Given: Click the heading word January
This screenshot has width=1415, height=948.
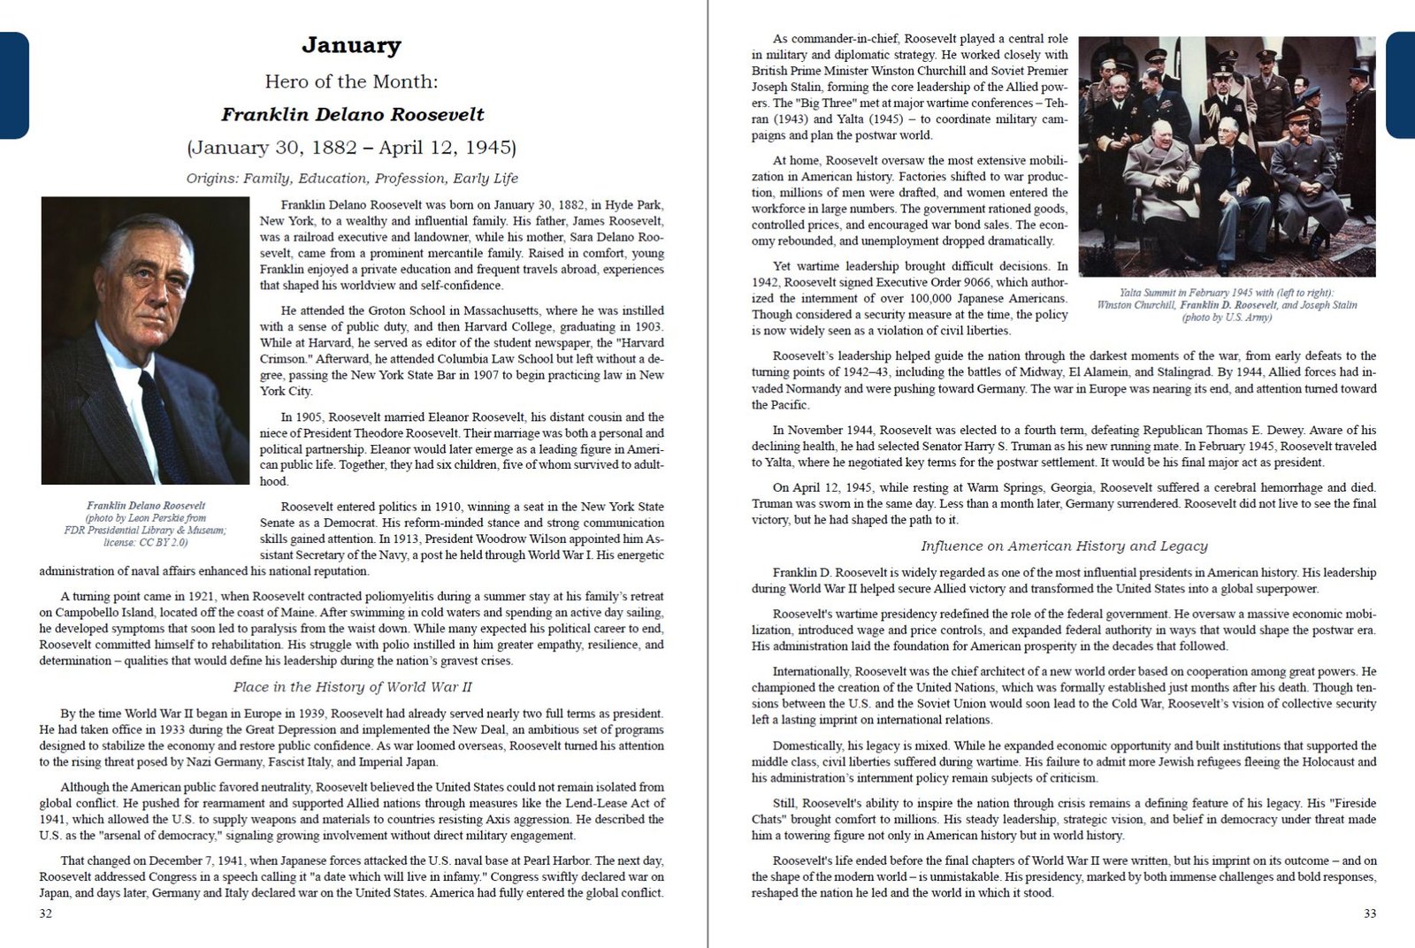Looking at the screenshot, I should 351,44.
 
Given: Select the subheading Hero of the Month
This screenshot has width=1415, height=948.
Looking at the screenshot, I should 351,81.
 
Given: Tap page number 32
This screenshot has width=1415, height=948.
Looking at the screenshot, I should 46,914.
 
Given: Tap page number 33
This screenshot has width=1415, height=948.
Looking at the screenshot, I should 1369,914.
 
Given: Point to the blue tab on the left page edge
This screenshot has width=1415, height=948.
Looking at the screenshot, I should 13,85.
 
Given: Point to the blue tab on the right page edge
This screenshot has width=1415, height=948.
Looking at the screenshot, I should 1401,85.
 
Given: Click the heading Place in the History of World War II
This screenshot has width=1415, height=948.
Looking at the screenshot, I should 352,687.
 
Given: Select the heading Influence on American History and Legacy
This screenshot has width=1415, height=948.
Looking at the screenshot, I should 1064,547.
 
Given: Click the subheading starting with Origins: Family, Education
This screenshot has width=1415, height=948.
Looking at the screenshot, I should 352,179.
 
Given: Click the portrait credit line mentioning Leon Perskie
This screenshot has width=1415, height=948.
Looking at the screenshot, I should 146,518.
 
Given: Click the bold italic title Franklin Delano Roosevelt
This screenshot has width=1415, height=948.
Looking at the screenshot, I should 352,114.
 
